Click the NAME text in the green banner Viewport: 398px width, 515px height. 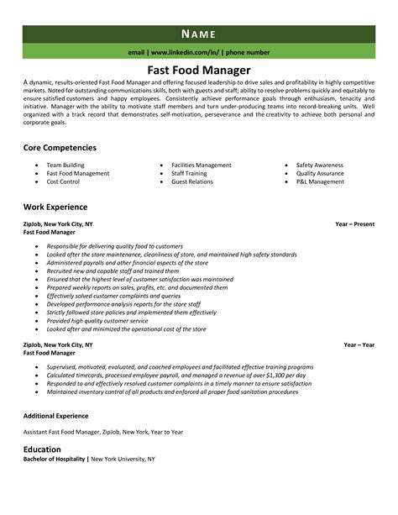point(198,34)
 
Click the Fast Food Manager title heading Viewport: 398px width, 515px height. point(199,70)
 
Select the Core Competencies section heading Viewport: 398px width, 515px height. point(60,147)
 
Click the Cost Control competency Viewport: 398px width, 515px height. point(64,181)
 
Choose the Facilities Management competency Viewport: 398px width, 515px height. point(202,165)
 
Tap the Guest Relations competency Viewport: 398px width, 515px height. point(192,181)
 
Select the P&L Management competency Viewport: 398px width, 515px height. point(320,181)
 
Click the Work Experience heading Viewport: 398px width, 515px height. point(55,206)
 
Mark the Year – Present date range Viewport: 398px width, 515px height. point(353,224)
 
